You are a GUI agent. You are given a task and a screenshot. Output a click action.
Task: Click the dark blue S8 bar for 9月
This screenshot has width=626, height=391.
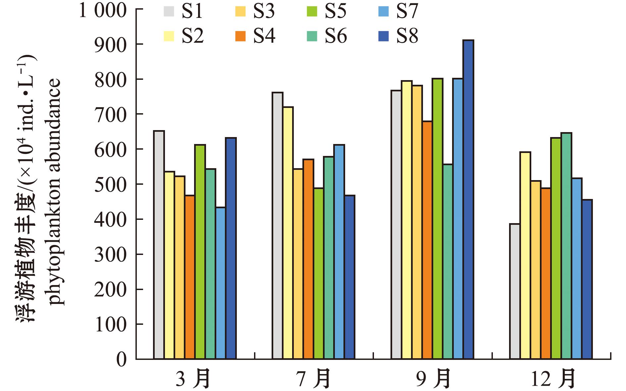click(468, 199)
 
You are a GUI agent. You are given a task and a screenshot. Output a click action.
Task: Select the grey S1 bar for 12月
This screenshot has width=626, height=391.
click(515, 291)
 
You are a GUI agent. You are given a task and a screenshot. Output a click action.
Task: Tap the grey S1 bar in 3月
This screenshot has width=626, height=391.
click(159, 245)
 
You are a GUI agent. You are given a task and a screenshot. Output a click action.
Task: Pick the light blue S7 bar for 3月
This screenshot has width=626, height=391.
click(221, 283)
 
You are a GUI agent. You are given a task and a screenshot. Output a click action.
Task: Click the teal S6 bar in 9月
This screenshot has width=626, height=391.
click(448, 262)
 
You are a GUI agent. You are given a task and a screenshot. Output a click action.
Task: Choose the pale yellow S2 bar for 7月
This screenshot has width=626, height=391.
click(288, 233)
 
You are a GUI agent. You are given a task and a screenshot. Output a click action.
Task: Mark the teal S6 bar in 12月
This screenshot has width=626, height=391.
click(566, 246)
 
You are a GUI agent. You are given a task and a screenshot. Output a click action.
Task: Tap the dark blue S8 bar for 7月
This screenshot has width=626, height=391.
click(349, 277)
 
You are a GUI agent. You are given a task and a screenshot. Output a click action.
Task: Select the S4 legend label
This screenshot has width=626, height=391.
click(264, 36)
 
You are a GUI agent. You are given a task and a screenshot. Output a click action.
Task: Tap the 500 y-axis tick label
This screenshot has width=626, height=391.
click(111, 184)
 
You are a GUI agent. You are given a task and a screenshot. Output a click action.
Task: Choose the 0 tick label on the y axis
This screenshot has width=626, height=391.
click(122, 359)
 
